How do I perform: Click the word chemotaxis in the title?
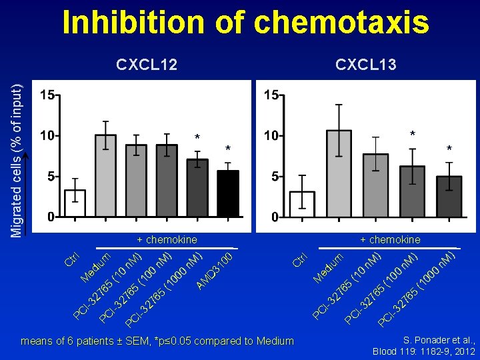click(342, 22)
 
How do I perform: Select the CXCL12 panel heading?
click(147, 64)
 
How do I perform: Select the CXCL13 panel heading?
click(366, 64)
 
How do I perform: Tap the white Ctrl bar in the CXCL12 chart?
click(75, 203)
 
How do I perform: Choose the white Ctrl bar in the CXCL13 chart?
click(302, 204)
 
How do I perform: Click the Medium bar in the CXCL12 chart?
click(105, 176)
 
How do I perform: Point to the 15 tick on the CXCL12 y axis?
click(47, 95)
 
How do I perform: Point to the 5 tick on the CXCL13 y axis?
click(274, 177)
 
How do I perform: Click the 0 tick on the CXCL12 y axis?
click(50, 217)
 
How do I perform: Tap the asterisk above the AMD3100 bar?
click(227, 149)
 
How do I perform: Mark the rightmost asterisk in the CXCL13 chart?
click(449, 149)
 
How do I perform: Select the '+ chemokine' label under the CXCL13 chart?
click(390, 239)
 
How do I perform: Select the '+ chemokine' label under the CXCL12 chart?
click(167, 239)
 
